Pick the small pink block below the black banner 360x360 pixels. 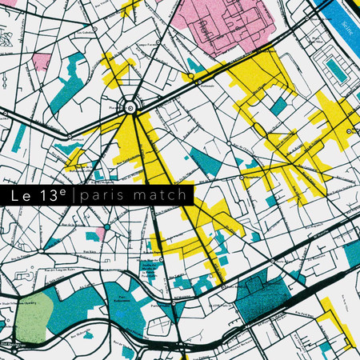point(100,232)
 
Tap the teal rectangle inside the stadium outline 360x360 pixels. point(336,70)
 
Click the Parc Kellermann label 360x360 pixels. point(124,298)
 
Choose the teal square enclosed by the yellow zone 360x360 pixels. point(278,105)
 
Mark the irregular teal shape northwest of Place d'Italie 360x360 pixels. point(69,82)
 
